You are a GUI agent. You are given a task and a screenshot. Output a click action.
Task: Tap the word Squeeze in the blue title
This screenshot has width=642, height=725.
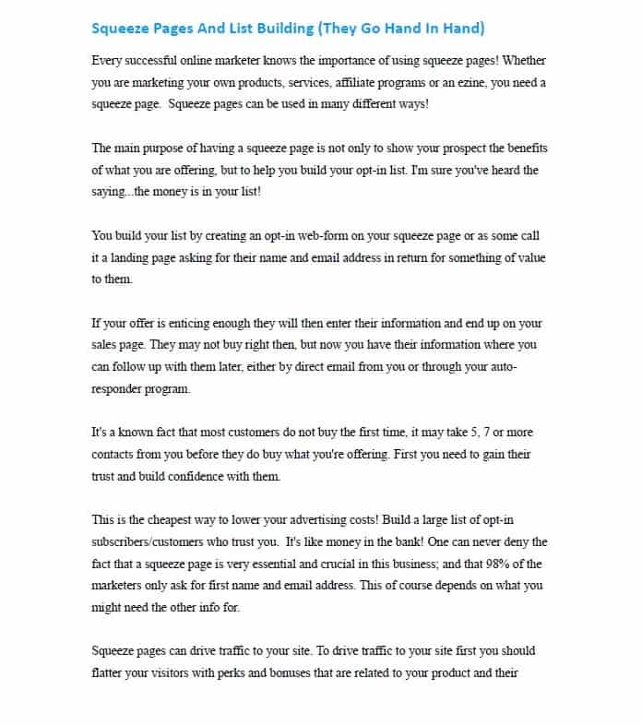(x=119, y=28)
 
